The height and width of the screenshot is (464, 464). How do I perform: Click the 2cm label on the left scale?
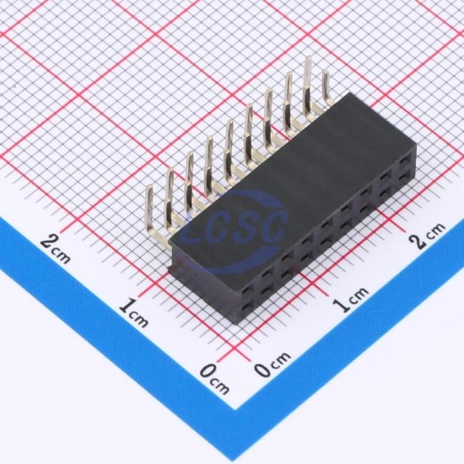coord(56,250)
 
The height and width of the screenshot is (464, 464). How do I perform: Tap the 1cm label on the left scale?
coord(133,314)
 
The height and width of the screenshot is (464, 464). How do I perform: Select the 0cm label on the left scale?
coord(214,379)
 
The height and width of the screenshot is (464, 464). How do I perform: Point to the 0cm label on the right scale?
coord(272,364)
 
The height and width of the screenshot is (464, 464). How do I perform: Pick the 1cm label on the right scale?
coord(351,299)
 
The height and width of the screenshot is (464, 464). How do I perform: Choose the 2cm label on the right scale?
coord(428,235)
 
